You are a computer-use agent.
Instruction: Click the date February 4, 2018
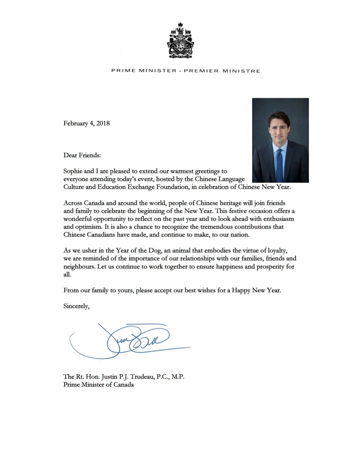click(86, 123)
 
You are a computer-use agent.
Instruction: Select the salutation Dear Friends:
click(82, 155)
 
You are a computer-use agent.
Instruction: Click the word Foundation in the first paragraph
click(168, 187)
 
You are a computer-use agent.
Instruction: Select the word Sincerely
click(76, 306)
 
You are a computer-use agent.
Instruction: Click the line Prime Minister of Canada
click(98, 385)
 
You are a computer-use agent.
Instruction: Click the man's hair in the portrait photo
click(278, 118)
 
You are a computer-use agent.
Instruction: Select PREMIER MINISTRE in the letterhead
click(222, 71)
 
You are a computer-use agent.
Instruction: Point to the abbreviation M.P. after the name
click(178, 377)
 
